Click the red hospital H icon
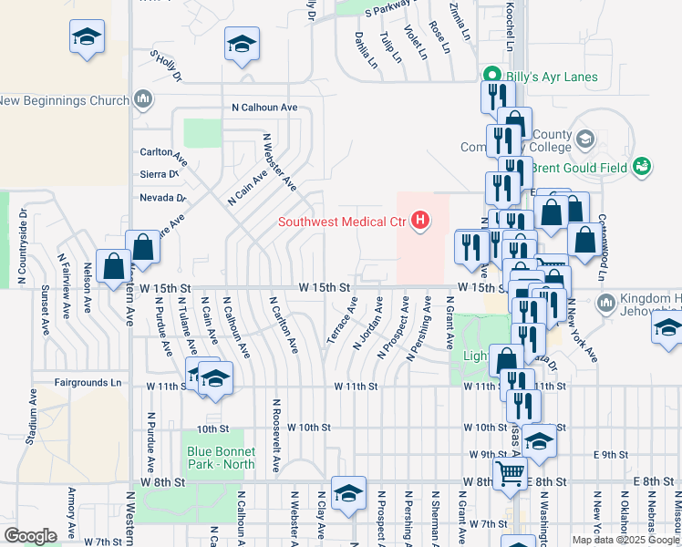pos(420,221)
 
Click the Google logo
pos(30,535)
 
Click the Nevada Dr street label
pos(162,198)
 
